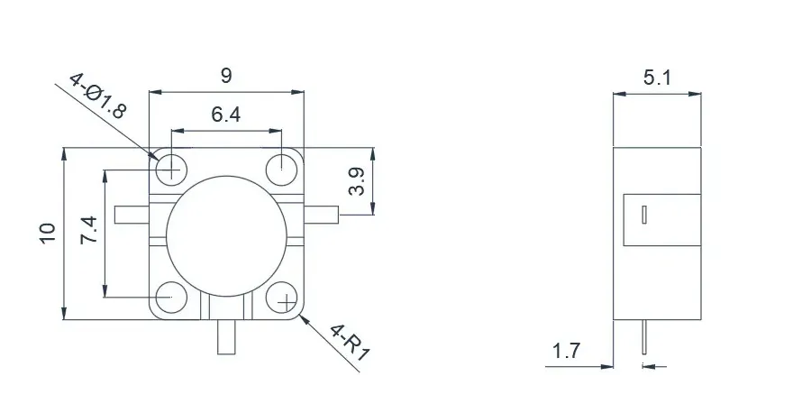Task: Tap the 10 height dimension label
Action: [x=48, y=232]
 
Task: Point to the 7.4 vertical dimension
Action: [x=90, y=232]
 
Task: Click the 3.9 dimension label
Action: [x=358, y=181]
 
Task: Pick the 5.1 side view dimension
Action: [x=656, y=78]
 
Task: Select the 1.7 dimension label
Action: [x=566, y=352]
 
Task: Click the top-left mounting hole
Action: [x=170, y=168]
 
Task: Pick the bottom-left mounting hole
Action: [x=169, y=297]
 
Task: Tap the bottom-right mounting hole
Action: [x=282, y=298]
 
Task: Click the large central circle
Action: [x=225, y=231]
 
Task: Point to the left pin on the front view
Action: [x=131, y=215]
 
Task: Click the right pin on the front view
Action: [x=323, y=215]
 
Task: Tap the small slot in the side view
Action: [x=645, y=215]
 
